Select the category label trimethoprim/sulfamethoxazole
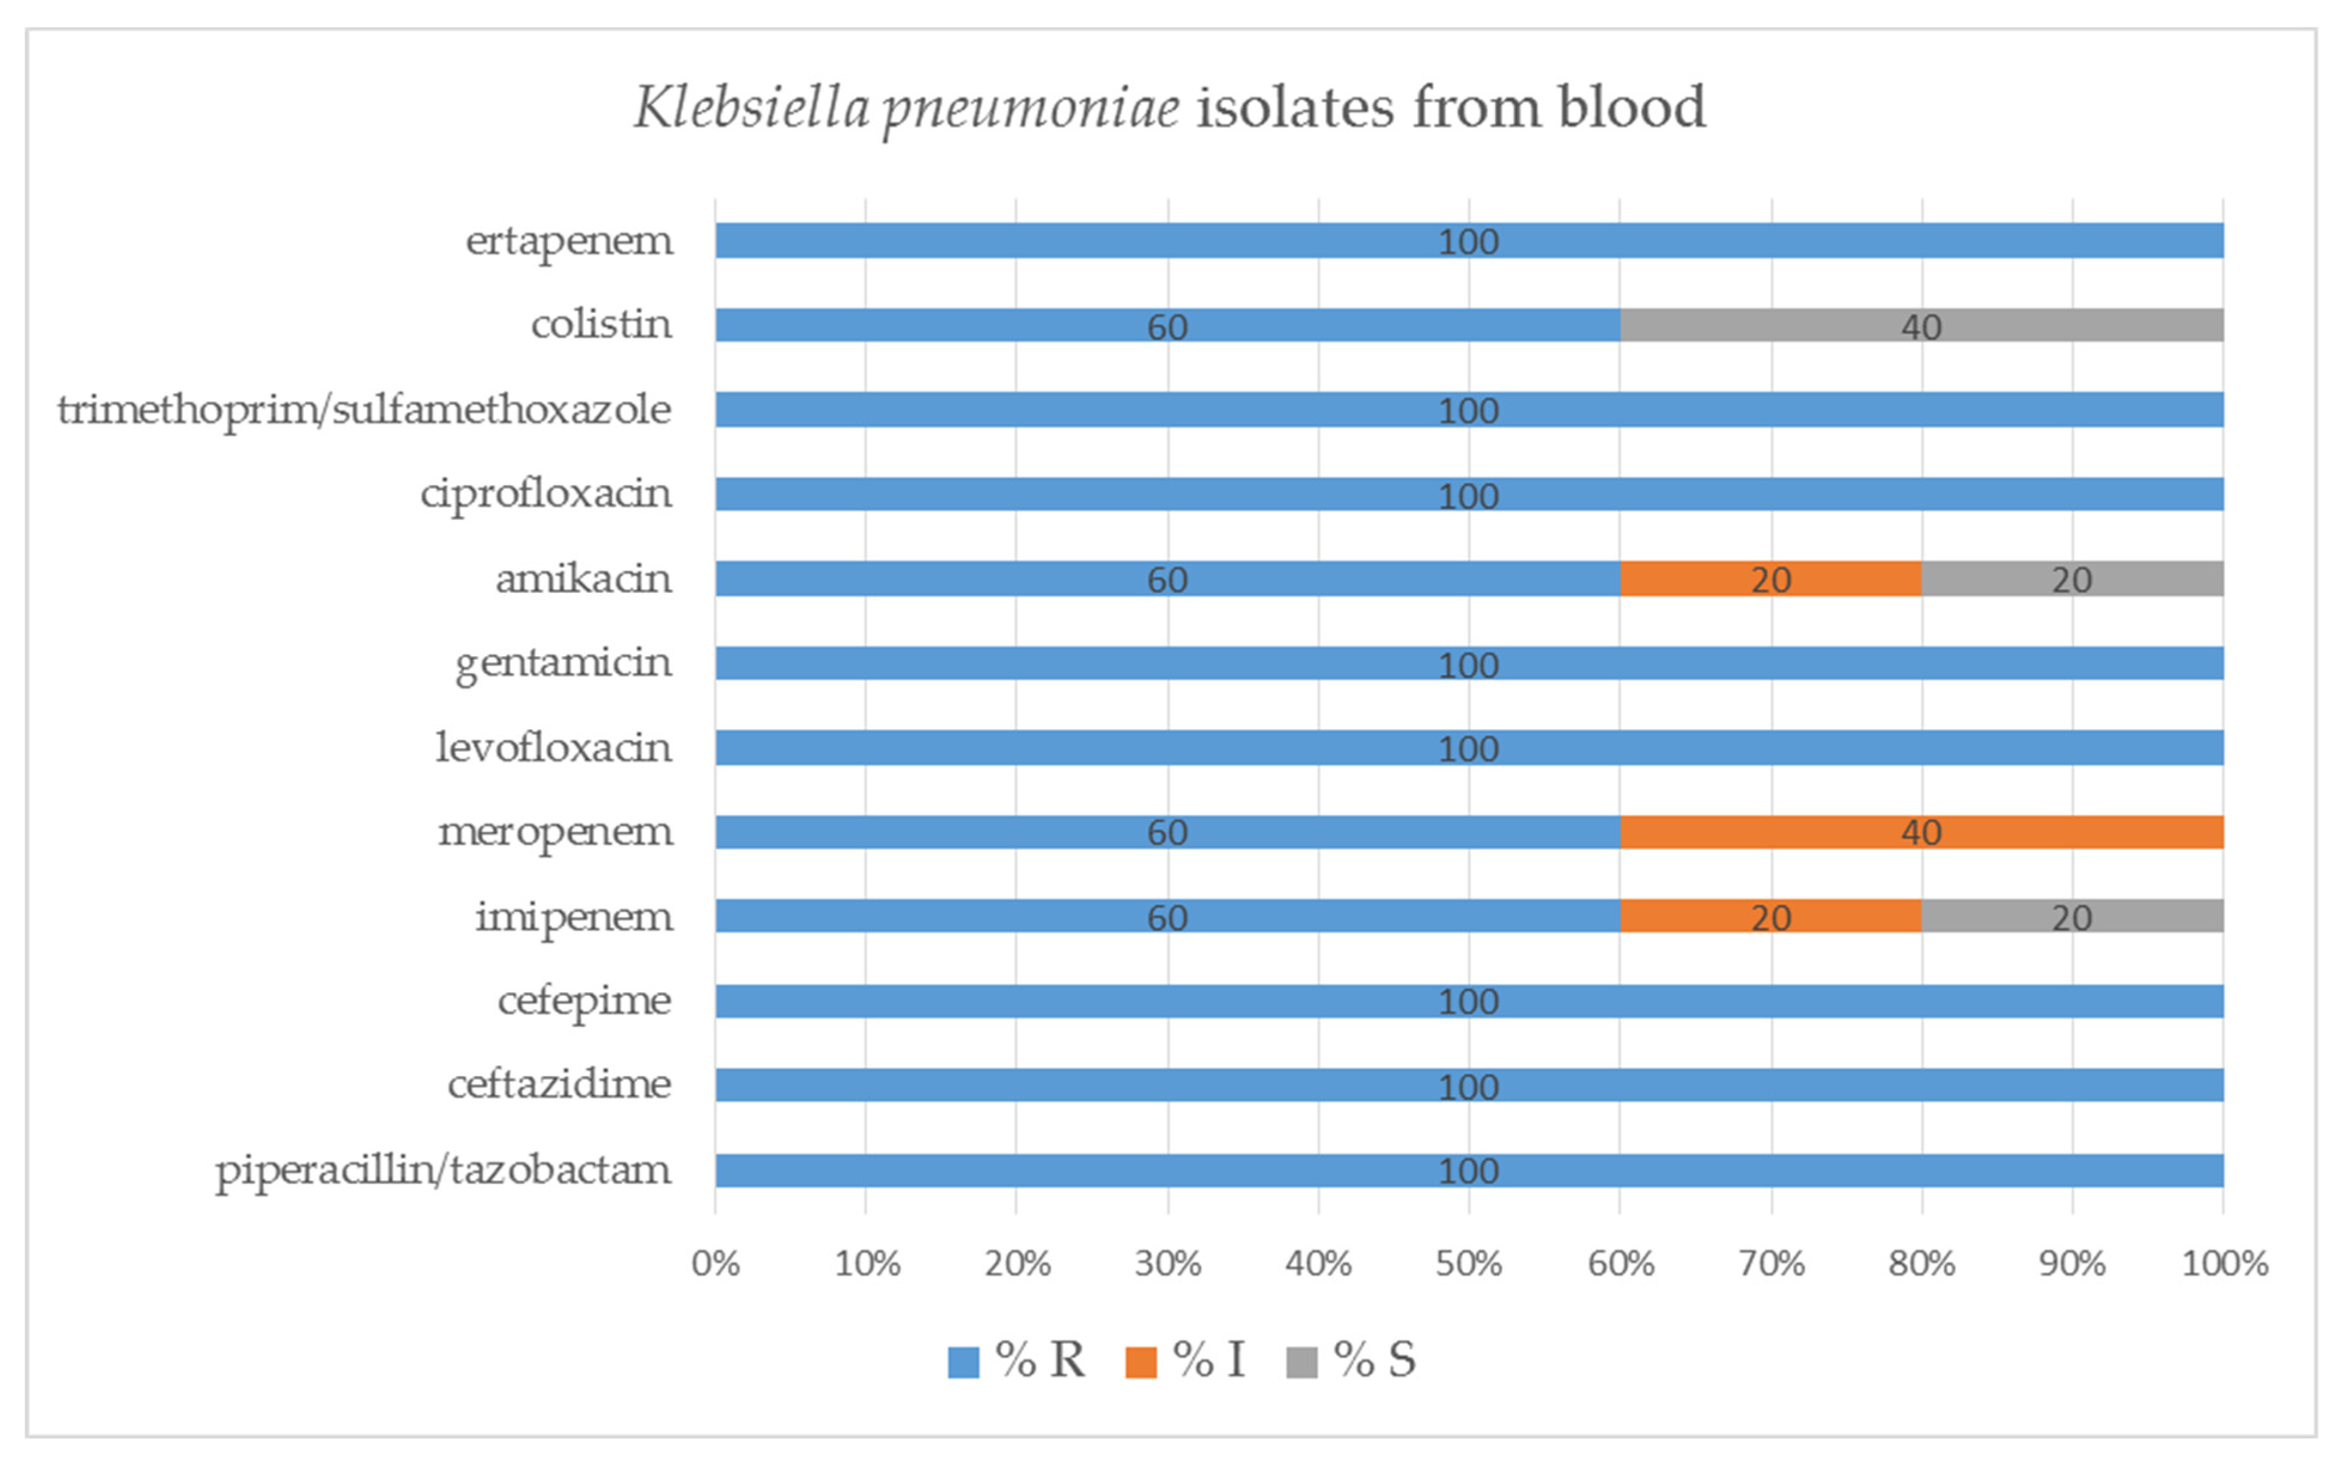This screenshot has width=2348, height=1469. [x=364, y=410]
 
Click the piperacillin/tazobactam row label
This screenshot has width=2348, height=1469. [x=443, y=1170]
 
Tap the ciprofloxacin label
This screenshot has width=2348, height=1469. [x=546, y=493]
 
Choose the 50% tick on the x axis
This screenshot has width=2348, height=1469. [x=1469, y=1263]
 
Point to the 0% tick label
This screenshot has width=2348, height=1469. [x=716, y=1263]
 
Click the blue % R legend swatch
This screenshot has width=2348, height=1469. [x=963, y=1361]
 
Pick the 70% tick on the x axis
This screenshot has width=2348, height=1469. [x=1771, y=1263]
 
